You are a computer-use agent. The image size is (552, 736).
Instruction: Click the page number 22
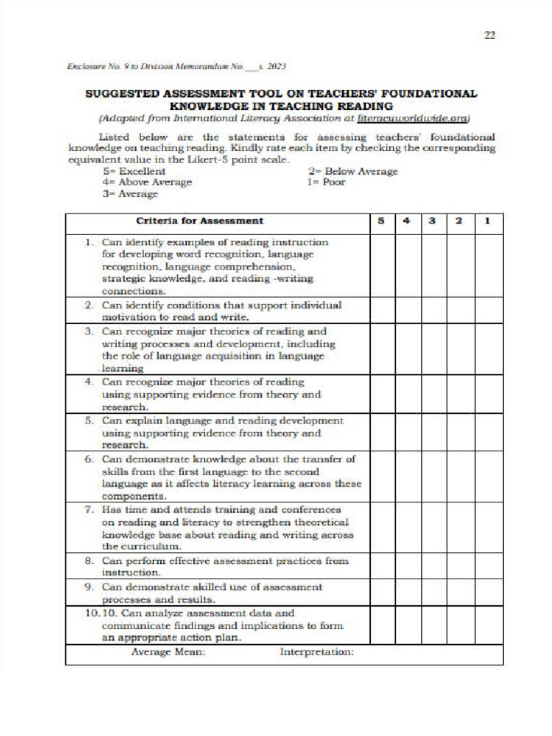click(x=489, y=34)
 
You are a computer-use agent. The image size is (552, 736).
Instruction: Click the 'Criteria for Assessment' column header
click(x=200, y=221)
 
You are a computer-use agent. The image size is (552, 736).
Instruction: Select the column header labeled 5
click(x=382, y=221)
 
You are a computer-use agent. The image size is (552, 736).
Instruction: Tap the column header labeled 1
click(x=488, y=221)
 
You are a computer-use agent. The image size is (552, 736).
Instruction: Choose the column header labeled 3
click(x=433, y=221)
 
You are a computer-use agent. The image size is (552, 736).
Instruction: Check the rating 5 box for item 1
click(x=382, y=266)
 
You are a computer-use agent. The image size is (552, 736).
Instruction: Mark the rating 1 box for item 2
click(x=488, y=310)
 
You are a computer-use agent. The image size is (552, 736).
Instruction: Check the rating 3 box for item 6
click(x=433, y=477)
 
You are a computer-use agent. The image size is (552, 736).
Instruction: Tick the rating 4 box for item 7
click(x=408, y=527)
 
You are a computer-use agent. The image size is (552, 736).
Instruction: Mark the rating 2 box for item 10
click(x=460, y=625)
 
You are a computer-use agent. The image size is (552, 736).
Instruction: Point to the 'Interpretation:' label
click(x=316, y=652)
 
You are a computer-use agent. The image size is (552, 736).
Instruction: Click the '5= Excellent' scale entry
click(x=134, y=171)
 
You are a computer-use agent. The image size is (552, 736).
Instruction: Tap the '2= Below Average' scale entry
click(x=352, y=171)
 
